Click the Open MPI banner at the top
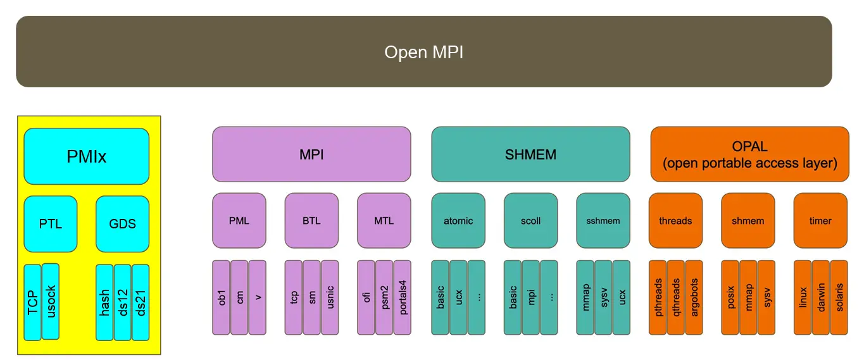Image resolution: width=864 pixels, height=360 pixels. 423,52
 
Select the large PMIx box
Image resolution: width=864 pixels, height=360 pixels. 87,156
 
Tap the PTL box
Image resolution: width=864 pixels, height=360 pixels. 51,224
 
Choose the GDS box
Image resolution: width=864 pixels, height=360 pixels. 122,224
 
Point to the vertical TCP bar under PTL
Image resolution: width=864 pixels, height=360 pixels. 33,301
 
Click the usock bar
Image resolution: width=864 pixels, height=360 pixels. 51,301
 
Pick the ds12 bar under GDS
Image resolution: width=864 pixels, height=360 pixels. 122,301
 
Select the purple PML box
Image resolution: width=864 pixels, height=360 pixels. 239,221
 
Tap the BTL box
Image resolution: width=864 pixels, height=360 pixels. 311,221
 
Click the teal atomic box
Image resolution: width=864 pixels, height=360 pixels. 458,221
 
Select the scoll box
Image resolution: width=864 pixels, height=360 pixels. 530,221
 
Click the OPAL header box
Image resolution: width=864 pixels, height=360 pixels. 749,154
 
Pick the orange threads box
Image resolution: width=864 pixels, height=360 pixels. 675,221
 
